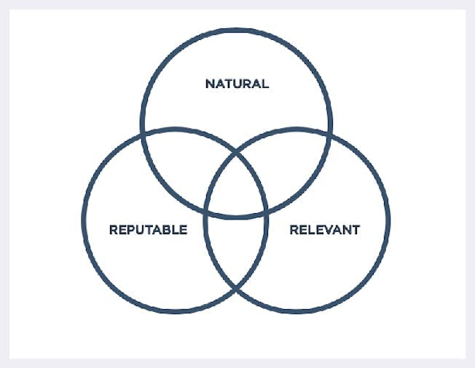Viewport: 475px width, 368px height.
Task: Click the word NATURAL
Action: (x=237, y=84)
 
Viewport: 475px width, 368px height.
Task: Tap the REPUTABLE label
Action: (x=148, y=230)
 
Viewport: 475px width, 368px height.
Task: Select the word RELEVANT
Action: (x=325, y=230)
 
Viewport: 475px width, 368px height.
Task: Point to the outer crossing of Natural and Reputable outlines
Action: (x=143, y=135)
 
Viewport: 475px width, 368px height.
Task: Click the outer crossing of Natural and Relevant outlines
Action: (x=330, y=135)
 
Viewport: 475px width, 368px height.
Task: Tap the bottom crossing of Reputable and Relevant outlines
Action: (x=236, y=290)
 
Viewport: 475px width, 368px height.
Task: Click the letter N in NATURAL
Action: (x=209, y=84)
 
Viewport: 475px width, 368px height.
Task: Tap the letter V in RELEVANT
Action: (x=325, y=230)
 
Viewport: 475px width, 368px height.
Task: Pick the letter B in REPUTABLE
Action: (x=167, y=230)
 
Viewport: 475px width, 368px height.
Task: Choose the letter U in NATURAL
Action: (x=237, y=84)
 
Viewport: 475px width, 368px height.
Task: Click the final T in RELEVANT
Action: (x=356, y=230)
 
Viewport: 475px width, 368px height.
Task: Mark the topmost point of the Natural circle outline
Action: (x=237, y=30)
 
